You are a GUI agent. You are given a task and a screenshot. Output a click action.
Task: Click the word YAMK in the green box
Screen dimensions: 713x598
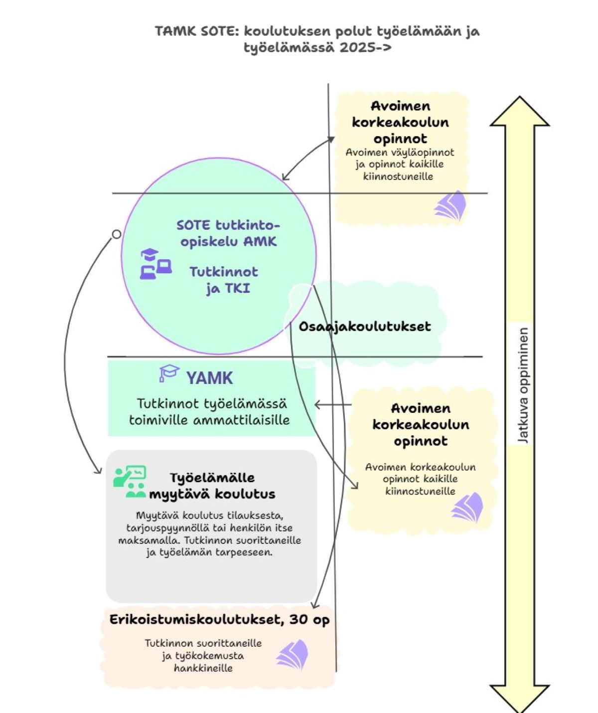pos(209,378)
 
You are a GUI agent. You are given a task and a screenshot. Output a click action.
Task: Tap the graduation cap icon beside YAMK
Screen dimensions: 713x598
pos(168,373)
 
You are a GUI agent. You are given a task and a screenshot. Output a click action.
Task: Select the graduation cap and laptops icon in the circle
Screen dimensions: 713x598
pos(155,264)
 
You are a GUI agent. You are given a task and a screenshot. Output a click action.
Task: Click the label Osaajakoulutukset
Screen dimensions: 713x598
pos(364,327)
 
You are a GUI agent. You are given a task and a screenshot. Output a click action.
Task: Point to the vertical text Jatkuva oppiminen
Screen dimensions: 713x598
pos(523,385)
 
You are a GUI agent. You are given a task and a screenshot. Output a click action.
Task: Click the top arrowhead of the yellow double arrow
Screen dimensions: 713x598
pos(519,112)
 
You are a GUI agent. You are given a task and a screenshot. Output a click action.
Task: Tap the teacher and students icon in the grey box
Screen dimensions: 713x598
pos(130,482)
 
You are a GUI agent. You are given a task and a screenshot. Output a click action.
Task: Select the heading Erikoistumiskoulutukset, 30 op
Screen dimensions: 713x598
pos(219,620)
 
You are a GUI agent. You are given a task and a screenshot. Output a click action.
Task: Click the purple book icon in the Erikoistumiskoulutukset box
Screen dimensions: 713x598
pos(293,655)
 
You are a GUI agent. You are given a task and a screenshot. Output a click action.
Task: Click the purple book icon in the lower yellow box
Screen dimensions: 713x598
pos(468,507)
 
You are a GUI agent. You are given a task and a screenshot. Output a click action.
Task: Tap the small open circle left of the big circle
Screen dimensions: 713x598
pos(116,234)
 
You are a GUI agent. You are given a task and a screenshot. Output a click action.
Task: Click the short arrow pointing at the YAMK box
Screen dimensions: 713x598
pos(333,404)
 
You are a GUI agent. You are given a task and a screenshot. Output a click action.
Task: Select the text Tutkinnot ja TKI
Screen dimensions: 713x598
pos(224,280)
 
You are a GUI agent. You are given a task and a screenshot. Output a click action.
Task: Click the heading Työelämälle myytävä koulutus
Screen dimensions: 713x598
pos(212,486)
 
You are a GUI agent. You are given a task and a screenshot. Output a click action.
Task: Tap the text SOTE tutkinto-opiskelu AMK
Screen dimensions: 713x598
pos(228,233)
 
